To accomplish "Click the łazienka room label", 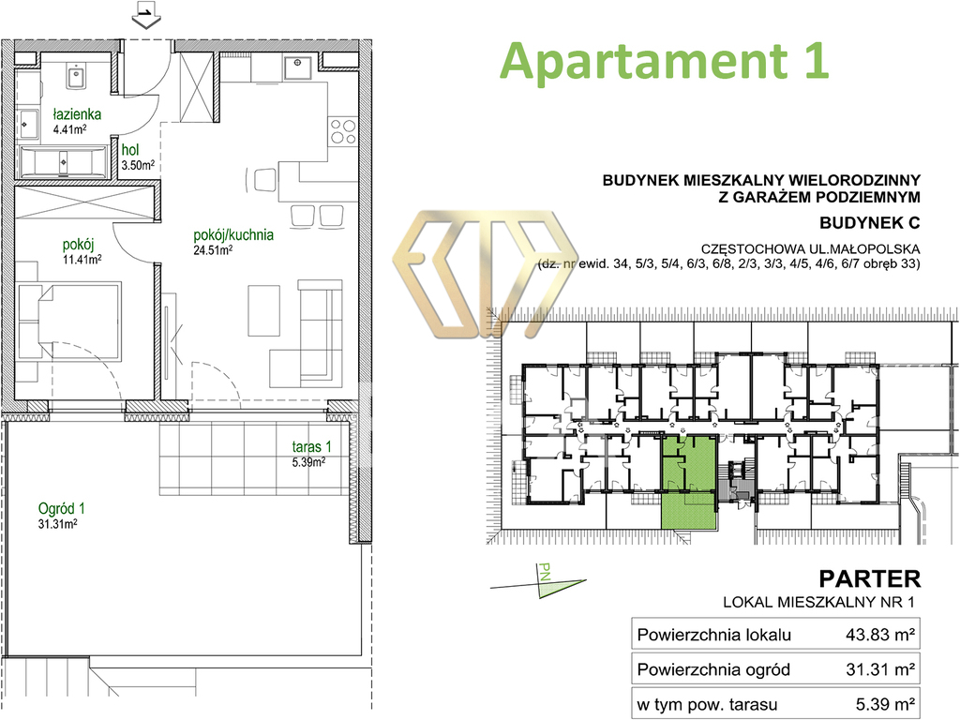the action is [x=77, y=114].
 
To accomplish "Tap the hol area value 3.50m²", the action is [x=138, y=165].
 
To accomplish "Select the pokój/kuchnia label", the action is [x=233, y=235].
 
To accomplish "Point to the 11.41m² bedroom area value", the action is [x=82, y=260].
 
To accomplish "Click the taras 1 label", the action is [x=311, y=447].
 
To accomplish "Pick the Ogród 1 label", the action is [x=61, y=509].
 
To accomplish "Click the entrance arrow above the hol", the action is [x=145, y=16].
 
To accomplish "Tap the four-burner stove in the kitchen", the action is [x=342, y=131].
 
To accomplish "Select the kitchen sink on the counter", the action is [x=297, y=67].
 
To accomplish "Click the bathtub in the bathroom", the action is [x=63, y=162].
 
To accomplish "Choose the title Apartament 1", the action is [x=665, y=61].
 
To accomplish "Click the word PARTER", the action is [x=869, y=578].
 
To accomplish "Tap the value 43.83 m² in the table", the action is [x=880, y=635].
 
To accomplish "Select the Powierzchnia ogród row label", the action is [x=713, y=669].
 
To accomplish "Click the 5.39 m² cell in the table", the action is [x=885, y=704].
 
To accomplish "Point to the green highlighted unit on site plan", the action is [x=689, y=483].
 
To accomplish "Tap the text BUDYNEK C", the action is [x=869, y=223].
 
